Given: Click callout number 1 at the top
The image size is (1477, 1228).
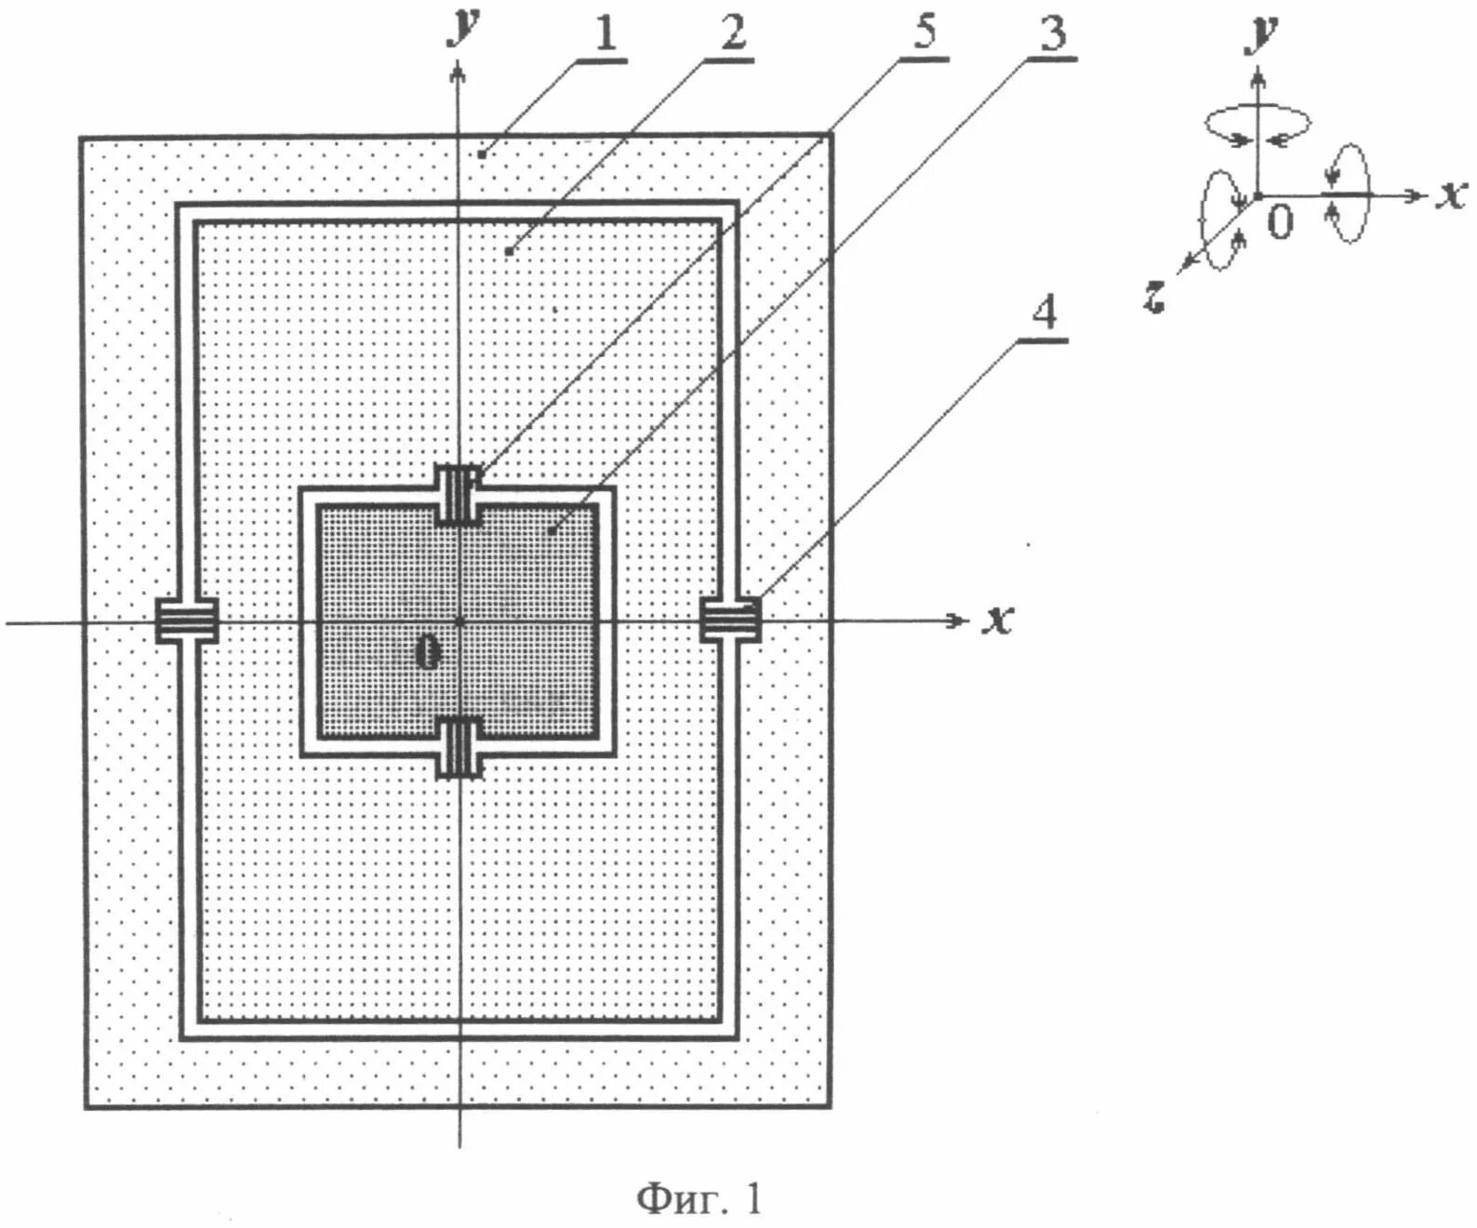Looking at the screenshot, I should click(605, 34).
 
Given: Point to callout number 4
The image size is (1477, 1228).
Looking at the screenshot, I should click(1045, 313).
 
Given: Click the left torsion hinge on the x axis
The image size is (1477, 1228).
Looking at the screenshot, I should click(186, 621).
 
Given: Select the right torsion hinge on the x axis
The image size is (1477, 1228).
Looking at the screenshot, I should click(730, 621).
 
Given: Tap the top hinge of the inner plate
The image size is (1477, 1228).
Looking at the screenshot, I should click(459, 494).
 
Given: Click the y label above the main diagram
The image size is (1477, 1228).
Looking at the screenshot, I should click(462, 25).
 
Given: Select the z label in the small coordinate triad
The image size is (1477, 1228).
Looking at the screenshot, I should click(1154, 297).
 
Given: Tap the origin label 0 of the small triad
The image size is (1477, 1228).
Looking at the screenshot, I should click(1281, 222).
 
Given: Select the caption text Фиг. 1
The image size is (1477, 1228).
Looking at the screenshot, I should click(699, 1198).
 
